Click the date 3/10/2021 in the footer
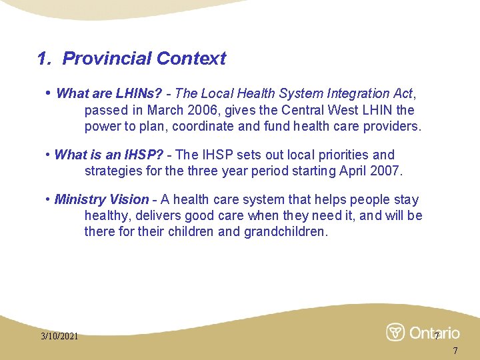[59, 336]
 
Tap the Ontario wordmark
[434, 332]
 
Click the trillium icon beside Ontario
[395, 332]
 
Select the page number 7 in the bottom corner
[455, 351]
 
